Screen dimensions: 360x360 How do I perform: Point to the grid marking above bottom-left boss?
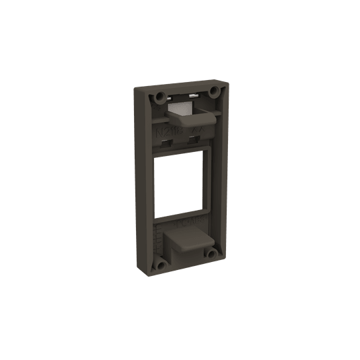[159, 237]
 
